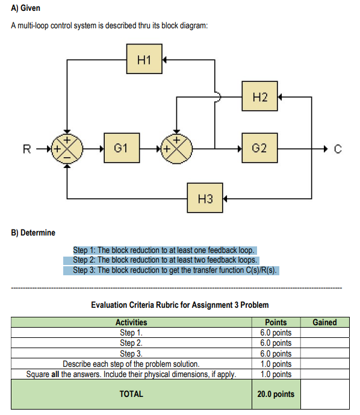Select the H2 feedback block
click(259, 96)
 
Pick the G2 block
click(259, 148)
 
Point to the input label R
click(26, 148)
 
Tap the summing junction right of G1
click(176, 148)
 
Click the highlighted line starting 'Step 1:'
click(164, 250)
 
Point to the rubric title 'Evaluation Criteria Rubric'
click(179, 305)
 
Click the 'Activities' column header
click(131, 322)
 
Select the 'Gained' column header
click(324, 322)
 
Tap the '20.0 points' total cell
click(276, 394)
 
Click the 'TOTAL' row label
click(131, 394)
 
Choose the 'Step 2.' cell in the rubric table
click(131, 343)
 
